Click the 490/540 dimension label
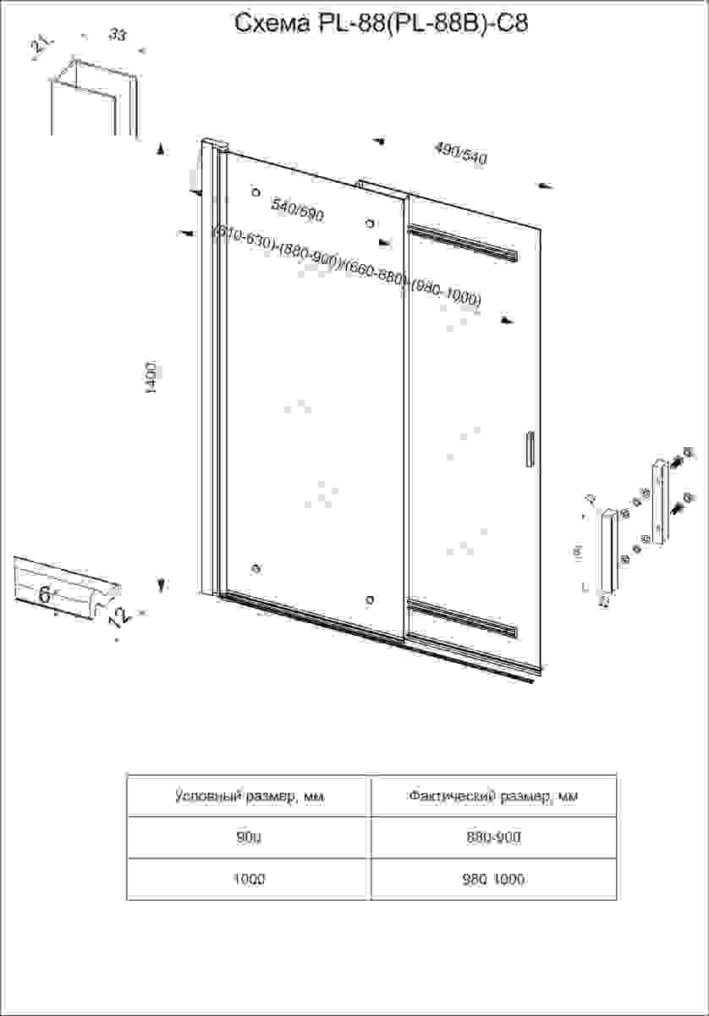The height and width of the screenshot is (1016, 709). click(x=461, y=153)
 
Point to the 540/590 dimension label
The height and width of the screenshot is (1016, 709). click(x=297, y=209)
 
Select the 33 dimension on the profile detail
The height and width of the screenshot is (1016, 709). click(x=118, y=35)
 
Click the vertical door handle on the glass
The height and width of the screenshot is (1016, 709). click(x=530, y=449)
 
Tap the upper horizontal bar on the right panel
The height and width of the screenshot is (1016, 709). click(x=463, y=241)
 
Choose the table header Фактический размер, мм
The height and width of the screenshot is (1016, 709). click(x=493, y=796)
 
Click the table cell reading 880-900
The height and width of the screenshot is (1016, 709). click(x=493, y=837)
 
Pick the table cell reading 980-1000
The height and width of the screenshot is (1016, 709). click(x=493, y=880)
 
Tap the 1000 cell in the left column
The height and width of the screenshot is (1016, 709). click(x=249, y=880)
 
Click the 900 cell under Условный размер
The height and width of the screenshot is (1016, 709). click(x=249, y=837)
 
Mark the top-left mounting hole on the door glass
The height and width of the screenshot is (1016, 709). click(x=256, y=192)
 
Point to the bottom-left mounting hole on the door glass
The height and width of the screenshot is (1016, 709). click(x=256, y=567)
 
